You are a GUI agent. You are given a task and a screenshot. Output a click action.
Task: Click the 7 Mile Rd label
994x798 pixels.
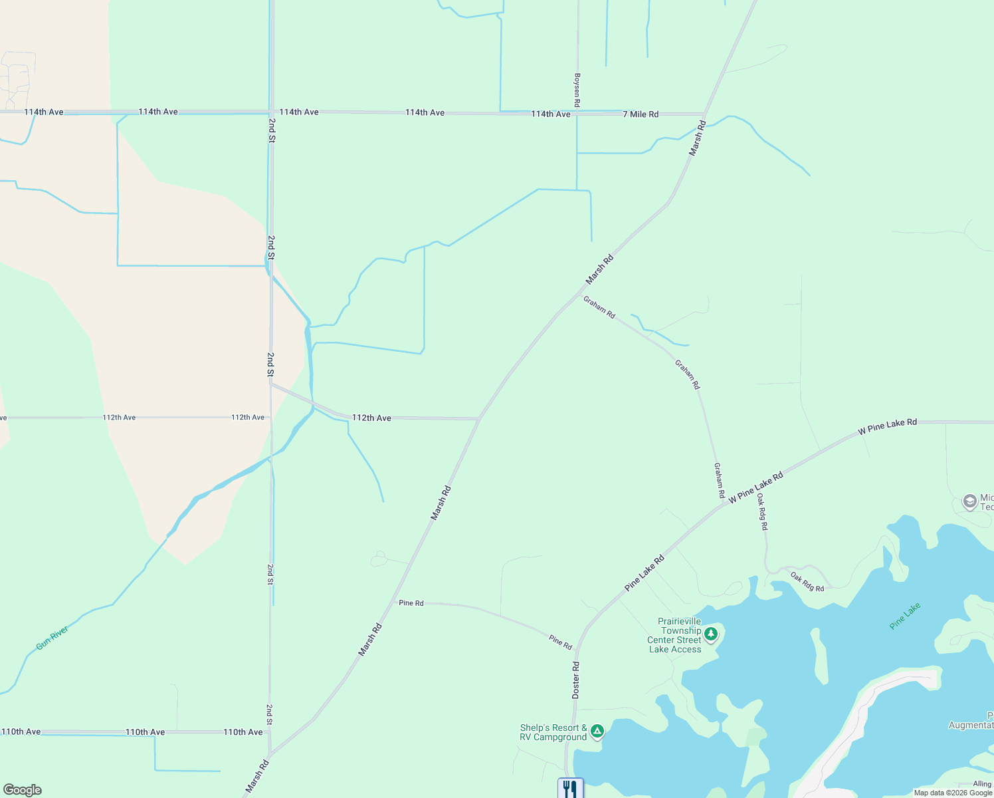(x=641, y=114)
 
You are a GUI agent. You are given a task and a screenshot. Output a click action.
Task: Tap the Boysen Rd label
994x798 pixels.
(x=577, y=90)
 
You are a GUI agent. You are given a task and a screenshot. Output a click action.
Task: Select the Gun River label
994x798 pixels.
(x=52, y=638)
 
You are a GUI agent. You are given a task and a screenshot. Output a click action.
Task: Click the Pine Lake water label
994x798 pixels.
(x=905, y=616)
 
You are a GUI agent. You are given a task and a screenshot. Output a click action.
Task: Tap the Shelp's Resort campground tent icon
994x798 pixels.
(x=597, y=732)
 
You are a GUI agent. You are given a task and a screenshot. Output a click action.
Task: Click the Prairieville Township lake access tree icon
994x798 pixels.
(x=711, y=634)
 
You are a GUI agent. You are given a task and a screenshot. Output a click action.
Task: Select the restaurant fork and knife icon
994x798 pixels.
(x=570, y=789)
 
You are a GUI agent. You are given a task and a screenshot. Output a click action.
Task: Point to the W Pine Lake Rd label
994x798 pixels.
(x=887, y=426)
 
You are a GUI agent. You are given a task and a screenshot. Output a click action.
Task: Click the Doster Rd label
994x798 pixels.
(x=576, y=680)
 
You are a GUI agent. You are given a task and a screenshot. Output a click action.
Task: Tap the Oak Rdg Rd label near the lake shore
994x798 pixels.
(x=807, y=583)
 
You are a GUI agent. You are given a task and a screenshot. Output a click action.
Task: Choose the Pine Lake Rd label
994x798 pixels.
(x=644, y=573)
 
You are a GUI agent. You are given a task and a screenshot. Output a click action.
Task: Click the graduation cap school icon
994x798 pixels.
(x=969, y=501)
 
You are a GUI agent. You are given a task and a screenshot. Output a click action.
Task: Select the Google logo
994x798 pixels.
(x=23, y=790)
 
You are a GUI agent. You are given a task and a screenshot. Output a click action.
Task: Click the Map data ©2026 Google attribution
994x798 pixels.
(x=953, y=793)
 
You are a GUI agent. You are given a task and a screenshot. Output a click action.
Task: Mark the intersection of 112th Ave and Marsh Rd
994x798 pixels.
(x=479, y=419)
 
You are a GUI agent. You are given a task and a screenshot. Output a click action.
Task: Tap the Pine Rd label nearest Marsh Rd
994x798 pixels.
(x=411, y=603)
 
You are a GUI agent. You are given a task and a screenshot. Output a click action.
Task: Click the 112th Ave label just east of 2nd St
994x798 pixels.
(x=371, y=418)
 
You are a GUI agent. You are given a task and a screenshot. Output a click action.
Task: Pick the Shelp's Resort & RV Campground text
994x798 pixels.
(x=553, y=732)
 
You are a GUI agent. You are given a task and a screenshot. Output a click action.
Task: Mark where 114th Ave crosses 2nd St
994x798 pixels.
(x=272, y=112)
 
